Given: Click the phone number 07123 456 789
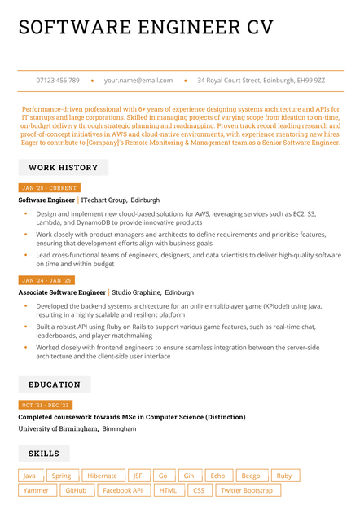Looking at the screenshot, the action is click(x=58, y=81).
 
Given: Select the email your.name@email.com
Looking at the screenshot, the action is click(x=138, y=81).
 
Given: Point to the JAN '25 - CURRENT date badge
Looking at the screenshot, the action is click(x=49, y=188).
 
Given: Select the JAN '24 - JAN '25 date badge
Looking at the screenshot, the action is click(x=47, y=280).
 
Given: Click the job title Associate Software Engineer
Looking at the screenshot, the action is click(x=62, y=292).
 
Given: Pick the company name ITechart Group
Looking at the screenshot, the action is click(x=104, y=200).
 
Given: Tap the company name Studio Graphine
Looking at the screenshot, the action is click(x=136, y=292).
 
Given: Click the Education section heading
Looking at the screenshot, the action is click(x=55, y=384).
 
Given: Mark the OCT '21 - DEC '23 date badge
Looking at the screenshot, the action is click(x=46, y=405).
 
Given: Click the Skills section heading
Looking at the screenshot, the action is click(x=44, y=453).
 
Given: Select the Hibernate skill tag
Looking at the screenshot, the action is click(x=102, y=476).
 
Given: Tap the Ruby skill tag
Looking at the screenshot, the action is click(x=283, y=476).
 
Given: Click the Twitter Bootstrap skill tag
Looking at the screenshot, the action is click(x=247, y=490).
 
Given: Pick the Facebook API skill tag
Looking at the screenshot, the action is click(x=123, y=490).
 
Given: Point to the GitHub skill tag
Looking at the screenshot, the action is click(x=76, y=490).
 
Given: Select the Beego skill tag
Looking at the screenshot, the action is click(x=250, y=476).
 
